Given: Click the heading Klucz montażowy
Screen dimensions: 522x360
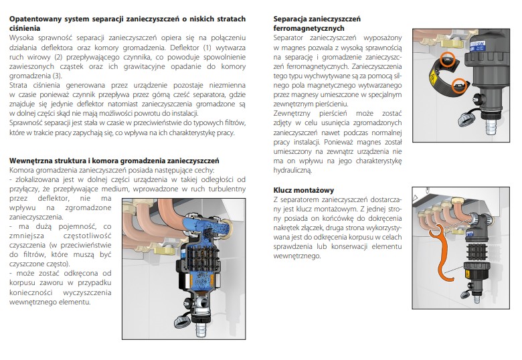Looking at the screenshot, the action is (x=303, y=190).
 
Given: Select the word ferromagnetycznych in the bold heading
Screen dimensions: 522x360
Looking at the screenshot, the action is (x=309, y=28).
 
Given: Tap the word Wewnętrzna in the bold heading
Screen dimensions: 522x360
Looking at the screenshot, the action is (x=29, y=161).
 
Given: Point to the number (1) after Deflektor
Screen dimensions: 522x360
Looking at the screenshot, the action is (x=207, y=48).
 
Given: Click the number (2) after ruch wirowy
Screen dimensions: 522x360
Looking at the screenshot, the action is (x=58, y=57).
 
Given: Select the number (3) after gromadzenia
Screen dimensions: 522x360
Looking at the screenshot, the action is (x=57, y=76).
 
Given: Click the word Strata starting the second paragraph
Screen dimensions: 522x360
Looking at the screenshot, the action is (x=18, y=85).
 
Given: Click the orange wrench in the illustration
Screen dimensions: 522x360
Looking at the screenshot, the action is (x=442, y=253).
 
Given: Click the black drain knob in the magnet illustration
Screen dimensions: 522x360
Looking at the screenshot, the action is (x=476, y=98).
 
